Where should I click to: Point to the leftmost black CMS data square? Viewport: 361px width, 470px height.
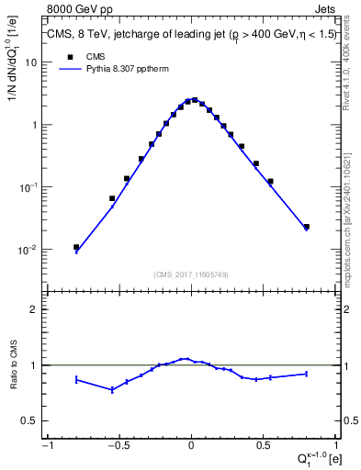point(76,247)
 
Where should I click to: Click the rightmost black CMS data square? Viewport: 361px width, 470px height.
point(306,226)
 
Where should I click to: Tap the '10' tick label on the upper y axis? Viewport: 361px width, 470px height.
point(31,63)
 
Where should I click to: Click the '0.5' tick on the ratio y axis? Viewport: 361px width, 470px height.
point(30,420)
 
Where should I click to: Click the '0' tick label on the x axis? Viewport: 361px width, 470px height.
point(191,447)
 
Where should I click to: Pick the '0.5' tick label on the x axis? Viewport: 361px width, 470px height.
point(264,447)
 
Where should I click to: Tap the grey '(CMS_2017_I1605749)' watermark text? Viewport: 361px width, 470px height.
point(191,274)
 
